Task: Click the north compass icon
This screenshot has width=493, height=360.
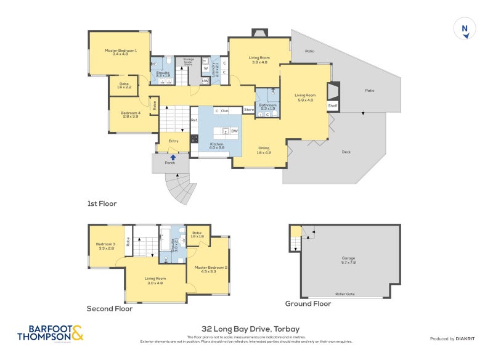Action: (x=465, y=29)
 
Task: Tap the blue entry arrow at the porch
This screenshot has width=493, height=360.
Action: (x=173, y=157)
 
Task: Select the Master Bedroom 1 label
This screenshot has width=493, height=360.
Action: (x=120, y=52)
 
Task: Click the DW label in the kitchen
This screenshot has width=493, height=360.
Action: (x=235, y=131)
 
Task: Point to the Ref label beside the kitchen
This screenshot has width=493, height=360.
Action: (x=194, y=120)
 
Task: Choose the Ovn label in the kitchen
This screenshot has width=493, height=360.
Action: (x=225, y=111)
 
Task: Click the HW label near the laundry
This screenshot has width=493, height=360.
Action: (x=205, y=81)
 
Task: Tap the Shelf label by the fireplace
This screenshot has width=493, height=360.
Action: (x=333, y=106)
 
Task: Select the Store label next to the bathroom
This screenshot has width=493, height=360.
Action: (x=248, y=110)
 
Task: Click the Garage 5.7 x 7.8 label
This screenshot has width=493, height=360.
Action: (x=349, y=260)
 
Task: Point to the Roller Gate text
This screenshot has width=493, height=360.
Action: (x=344, y=294)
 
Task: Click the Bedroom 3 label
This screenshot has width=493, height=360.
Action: (x=105, y=246)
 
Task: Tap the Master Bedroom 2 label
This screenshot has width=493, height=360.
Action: (x=211, y=269)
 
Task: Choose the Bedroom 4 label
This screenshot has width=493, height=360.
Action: (x=130, y=114)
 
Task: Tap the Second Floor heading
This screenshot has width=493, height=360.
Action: (x=110, y=309)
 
